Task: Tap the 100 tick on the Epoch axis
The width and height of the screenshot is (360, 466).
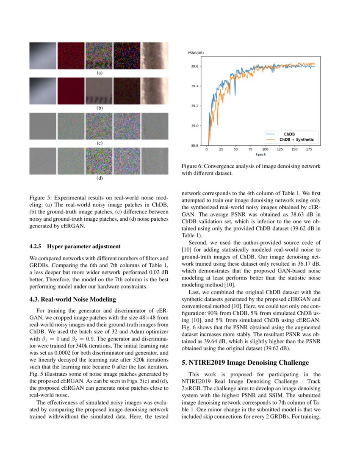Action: coord(265,150)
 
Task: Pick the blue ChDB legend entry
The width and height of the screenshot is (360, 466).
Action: coord(289,134)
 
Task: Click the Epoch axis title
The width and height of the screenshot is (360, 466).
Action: coord(260,154)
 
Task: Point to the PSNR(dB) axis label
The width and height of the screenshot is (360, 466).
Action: coord(195,53)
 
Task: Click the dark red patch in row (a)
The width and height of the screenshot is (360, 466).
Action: coord(71,55)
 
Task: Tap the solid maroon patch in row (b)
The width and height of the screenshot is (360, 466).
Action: coord(71,91)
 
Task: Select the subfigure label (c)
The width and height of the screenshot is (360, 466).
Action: coord(99,143)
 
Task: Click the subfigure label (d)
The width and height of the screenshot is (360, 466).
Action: coord(99,178)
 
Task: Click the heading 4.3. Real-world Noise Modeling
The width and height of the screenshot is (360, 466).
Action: coord(72,300)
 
